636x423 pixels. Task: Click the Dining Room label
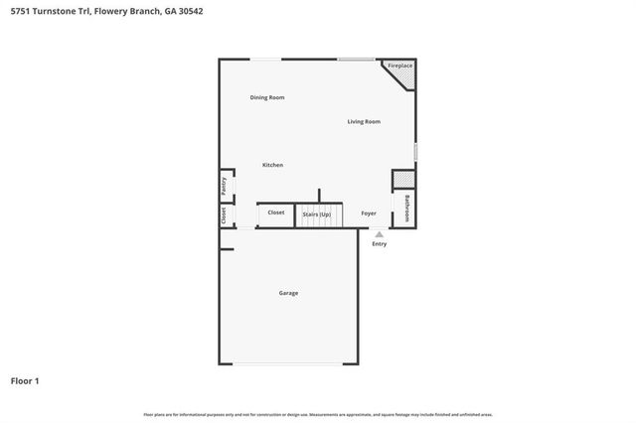click(267, 97)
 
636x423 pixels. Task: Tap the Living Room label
click(364, 122)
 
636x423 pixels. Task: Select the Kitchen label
click(272, 165)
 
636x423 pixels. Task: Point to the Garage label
click(288, 293)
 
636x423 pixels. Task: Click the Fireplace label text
click(399, 66)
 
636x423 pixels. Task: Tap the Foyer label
click(369, 212)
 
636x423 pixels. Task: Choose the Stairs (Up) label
click(317, 213)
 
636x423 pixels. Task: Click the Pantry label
click(225, 186)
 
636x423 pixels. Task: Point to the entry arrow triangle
click(379, 234)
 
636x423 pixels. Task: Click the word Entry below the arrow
click(379, 244)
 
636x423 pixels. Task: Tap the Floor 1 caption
click(25, 380)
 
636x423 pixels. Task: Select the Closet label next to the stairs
click(276, 212)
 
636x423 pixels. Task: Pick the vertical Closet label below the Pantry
click(224, 214)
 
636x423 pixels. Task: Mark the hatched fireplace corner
click(407, 77)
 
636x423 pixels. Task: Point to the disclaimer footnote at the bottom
click(318, 414)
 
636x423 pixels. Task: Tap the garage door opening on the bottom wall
click(288, 364)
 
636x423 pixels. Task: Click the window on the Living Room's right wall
click(415, 151)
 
